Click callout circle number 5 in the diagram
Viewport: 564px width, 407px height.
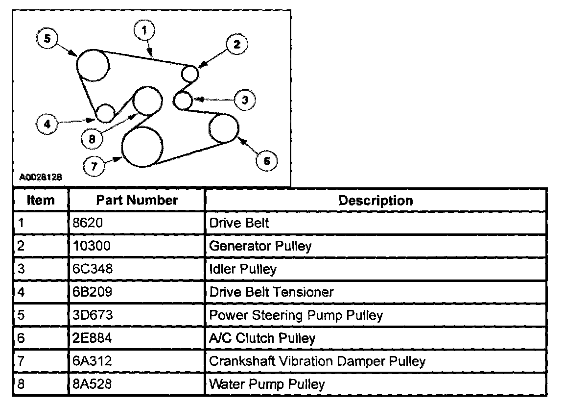[x=47, y=39]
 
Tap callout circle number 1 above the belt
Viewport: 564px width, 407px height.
[x=144, y=30]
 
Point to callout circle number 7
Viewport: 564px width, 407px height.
[x=94, y=166]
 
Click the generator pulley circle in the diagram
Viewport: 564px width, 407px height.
[x=190, y=74]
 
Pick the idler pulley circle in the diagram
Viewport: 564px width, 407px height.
[x=183, y=101]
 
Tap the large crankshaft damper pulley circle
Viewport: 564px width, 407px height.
[x=142, y=146]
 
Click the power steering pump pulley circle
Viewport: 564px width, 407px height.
[x=93, y=65]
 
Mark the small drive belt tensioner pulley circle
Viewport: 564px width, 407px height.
[x=105, y=113]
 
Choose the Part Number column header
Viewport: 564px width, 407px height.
[x=137, y=200]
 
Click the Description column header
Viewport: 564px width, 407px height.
[x=376, y=200]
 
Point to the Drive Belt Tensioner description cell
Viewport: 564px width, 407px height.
[x=271, y=292]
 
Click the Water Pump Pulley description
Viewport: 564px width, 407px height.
[x=267, y=383]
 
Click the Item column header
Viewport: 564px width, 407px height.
[x=41, y=200]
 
